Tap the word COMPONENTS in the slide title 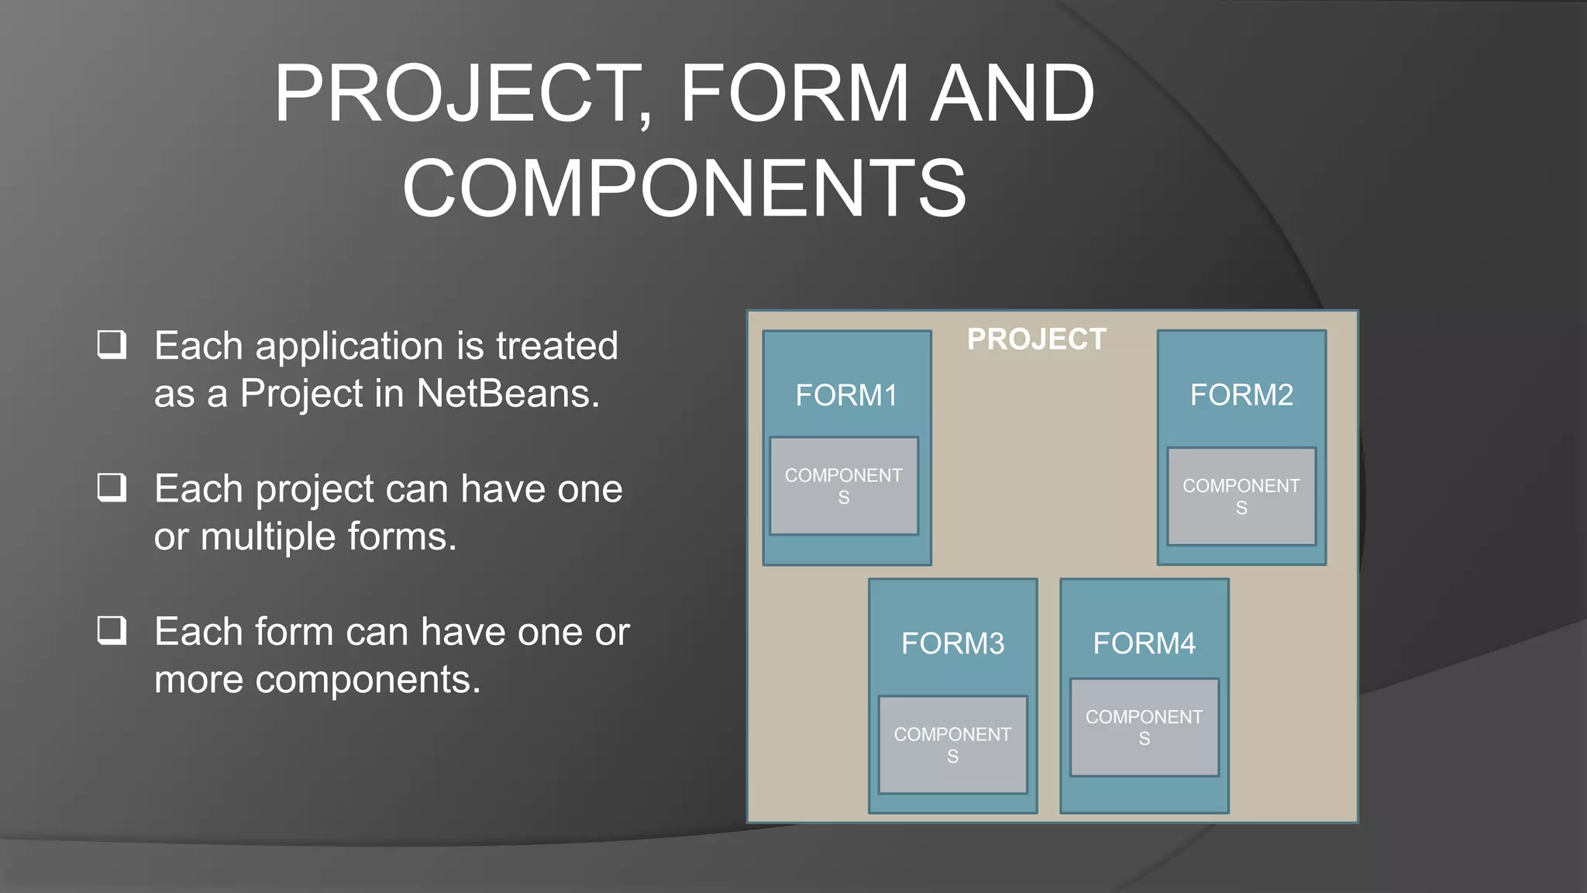[x=684, y=188]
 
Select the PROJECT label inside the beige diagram [x=1036, y=340]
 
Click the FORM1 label [x=846, y=395]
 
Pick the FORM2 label [x=1241, y=395]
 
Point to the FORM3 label [x=952, y=643]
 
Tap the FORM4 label [x=1144, y=643]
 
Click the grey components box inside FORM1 [x=844, y=486]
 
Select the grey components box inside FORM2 [x=1241, y=496]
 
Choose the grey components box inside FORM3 [x=952, y=745]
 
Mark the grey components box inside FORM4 [x=1144, y=727]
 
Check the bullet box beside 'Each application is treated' [x=112, y=344]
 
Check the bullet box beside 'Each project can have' [x=112, y=488]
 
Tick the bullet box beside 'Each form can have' [x=112, y=630]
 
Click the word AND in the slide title [x=1012, y=94]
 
